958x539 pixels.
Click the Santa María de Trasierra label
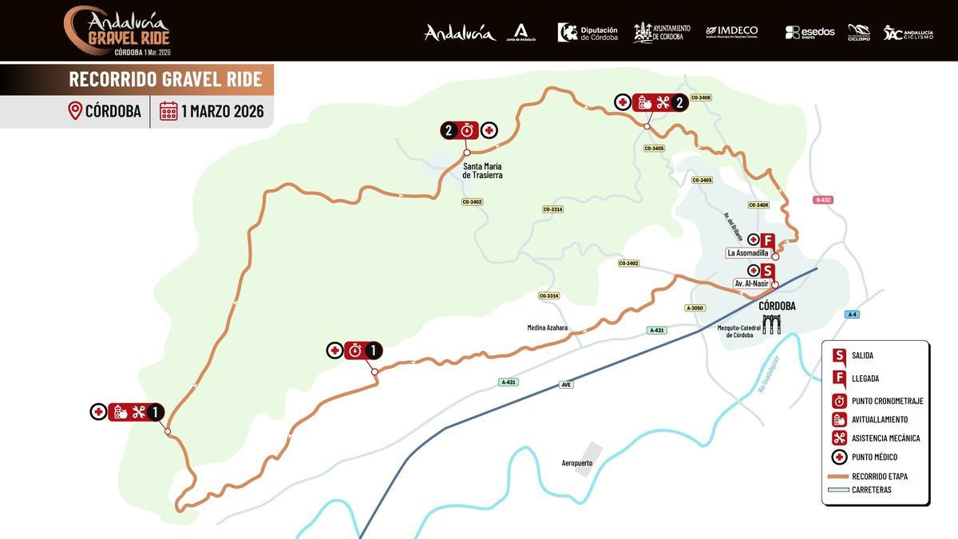[482, 170]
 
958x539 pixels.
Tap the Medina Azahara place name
[547, 327]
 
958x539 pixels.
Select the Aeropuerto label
[577, 463]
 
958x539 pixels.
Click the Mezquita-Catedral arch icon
[770, 324]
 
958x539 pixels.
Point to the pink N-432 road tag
[823, 200]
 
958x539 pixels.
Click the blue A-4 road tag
[852, 314]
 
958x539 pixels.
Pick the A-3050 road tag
[695, 307]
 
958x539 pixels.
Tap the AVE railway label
[566, 384]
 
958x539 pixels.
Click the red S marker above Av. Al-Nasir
[767, 271]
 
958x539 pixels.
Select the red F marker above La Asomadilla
[767, 240]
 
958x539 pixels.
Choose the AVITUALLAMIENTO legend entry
[879, 419]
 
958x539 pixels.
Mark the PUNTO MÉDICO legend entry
[874, 457]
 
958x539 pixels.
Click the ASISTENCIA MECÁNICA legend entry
[885, 438]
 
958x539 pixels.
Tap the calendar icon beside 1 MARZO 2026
[168, 111]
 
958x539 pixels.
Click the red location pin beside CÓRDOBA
[75, 111]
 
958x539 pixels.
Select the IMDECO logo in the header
[731, 32]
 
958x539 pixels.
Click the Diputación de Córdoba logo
[588, 32]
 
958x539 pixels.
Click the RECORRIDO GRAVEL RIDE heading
[165, 79]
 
